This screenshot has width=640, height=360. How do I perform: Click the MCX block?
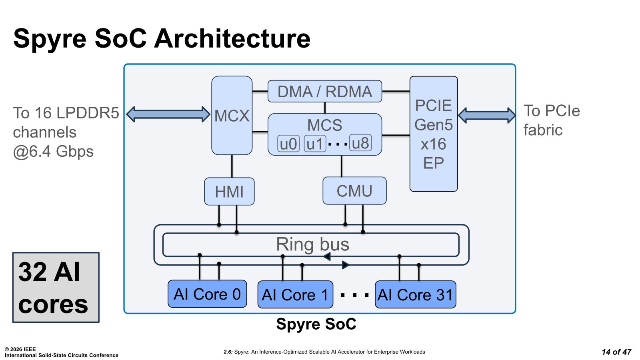pyautogui.click(x=232, y=116)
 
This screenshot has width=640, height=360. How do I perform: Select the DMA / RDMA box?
pyautogui.click(x=324, y=92)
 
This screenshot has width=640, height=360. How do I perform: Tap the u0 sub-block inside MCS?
pyautogui.click(x=288, y=144)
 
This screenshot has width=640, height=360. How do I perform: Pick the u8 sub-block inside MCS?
pyautogui.click(x=360, y=143)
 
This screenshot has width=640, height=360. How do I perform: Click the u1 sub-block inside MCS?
pyautogui.click(x=315, y=144)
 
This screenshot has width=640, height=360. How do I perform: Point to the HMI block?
pyautogui.click(x=229, y=192)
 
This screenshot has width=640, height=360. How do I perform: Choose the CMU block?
pyautogui.click(x=354, y=191)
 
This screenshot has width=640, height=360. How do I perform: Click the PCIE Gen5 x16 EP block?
pyautogui.click(x=434, y=134)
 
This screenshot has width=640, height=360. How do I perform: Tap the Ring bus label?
pyautogui.click(x=312, y=244)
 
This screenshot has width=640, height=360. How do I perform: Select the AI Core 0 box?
pyautogui.click(x=207, y=294)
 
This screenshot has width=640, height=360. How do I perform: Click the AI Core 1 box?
pyautogui.click(x=295, y=295)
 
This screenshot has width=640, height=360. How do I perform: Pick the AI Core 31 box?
pyautogui.click(x=415, y=295)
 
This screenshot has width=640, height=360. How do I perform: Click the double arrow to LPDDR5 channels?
pyautogui.click(x=168, y=114)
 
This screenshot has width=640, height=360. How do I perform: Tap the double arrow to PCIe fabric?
pyautogui.click(x=486, y=115)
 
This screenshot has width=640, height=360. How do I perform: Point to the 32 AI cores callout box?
pyautogui.click(x=56, y=287)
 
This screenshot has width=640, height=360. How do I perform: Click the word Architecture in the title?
pyautogui.click(x=232, y=38)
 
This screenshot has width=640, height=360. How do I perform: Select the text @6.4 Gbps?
pyautogui.click(x=53, y=152)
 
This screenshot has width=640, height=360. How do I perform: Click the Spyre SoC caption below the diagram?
pyautogui.click(x=316, y=324)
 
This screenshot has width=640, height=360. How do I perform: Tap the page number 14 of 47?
pyautogui.click(x=616, y=352)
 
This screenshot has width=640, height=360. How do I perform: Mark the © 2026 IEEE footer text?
pyautogui.click(x=20, y=349)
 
